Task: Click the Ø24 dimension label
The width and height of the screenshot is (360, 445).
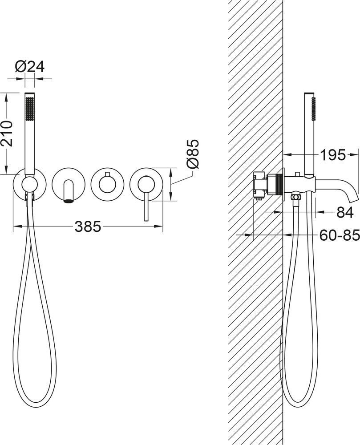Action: click(x=29, y=67)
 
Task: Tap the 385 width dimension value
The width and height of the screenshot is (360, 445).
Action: click(x=88, y=226)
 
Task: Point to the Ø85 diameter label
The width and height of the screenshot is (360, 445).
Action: click(x=193, y=154)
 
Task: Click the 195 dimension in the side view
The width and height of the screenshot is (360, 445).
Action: click(x=333, y=155)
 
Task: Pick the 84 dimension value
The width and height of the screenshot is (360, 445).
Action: click(x=345, y=212)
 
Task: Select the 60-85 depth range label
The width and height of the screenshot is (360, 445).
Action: click(x=340, y=235)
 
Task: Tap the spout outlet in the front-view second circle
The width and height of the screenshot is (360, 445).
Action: click(x=68, y=201)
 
